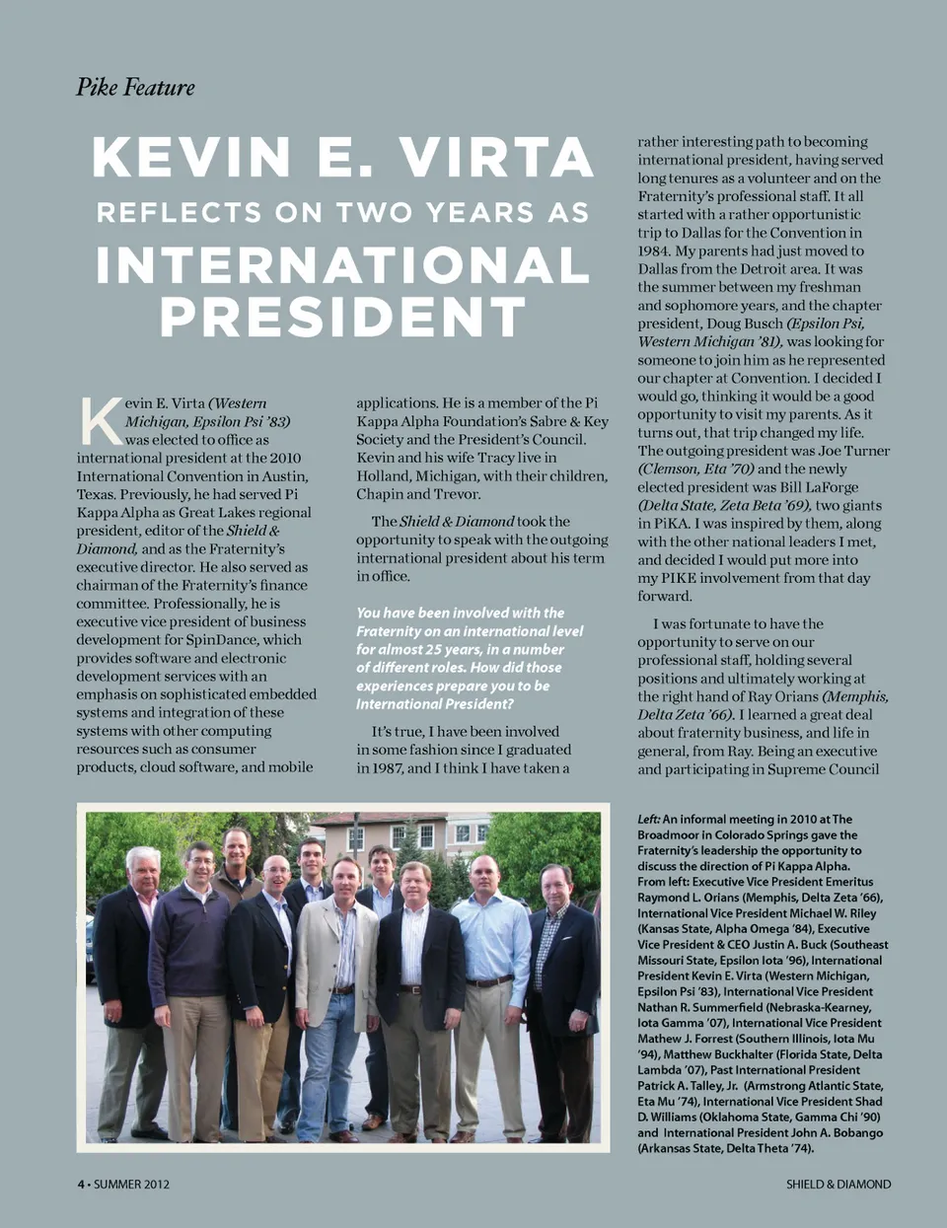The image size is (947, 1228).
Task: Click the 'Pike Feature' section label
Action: click(x=135, y=88)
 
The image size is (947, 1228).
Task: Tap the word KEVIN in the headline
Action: click(x=191, y=158)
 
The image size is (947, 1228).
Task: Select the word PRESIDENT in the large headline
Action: click(x=342, y=317)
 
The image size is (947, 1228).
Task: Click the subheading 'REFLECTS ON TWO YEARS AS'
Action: click(x=342, y=213)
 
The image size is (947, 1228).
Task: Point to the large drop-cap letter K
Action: click(x=100, y=421)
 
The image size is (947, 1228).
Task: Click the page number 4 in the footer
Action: click(x=81, y=1184)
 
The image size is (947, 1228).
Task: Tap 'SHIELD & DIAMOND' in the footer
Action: click(x=838, y=1184)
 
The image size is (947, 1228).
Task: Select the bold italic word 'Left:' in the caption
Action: click(x=648, y=819)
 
